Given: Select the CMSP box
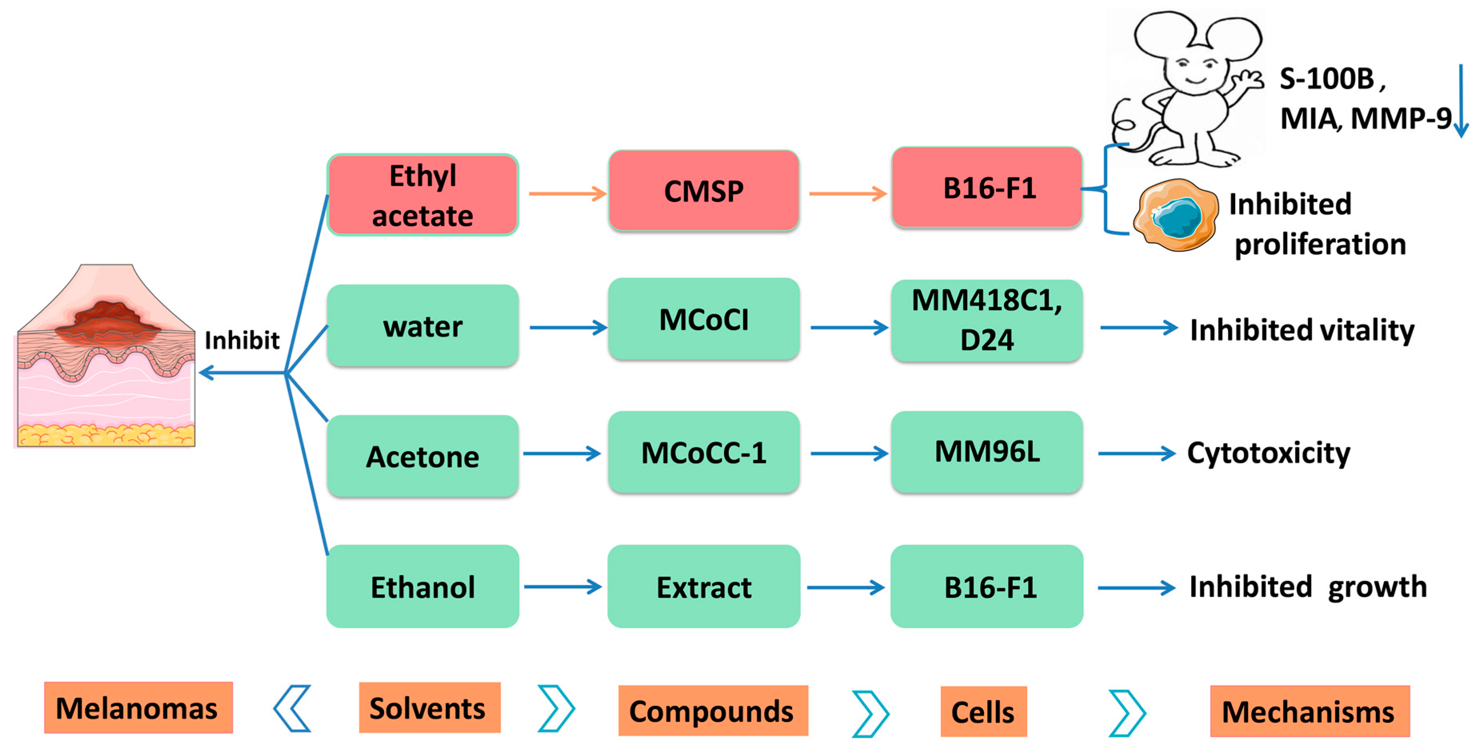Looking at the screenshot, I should pos(703,191).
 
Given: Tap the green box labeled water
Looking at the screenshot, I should pos(423,326).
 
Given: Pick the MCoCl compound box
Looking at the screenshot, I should pos(703,319).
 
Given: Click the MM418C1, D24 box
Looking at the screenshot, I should pos(986,320).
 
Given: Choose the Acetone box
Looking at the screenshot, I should pos(423,456).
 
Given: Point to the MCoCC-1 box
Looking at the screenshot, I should pos(703,452).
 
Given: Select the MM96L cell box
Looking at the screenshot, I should pos(986,451).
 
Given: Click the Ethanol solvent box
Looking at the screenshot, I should pos(423,587).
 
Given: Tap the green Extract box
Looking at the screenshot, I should pos(703,587).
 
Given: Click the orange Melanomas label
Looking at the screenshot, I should pos(138,708).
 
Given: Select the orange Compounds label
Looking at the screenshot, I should pos(712,711).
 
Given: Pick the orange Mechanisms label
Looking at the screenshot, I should pos(1309,711).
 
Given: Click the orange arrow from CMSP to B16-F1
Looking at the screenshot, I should pos(847,194).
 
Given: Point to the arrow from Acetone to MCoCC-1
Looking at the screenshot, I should pos(561,454).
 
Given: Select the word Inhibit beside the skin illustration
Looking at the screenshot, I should pos(242,340).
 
